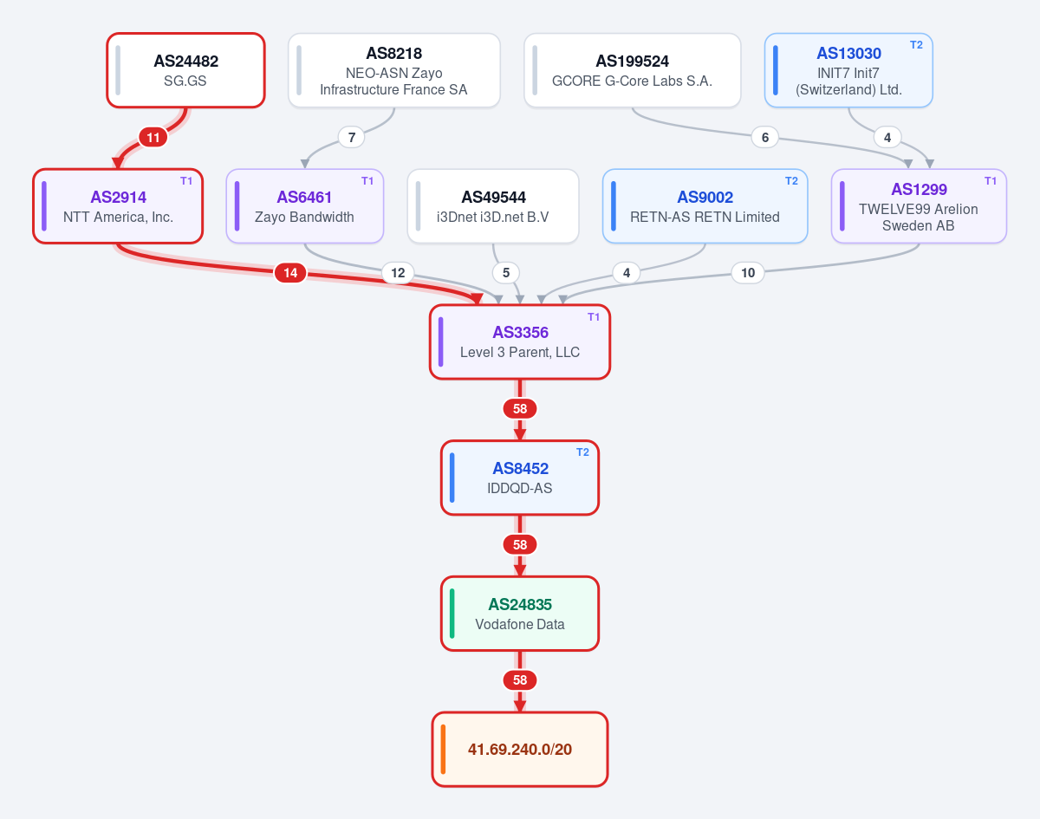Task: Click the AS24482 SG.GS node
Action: click(185, 70)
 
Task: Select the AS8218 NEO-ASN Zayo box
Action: click(393, 70)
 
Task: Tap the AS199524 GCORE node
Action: click(632, 70)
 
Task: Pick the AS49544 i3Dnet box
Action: click(493, 206)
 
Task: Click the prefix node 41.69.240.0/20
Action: click(519, 750)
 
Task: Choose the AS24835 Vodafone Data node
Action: click(519, 614)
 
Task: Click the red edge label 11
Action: click(153, 137)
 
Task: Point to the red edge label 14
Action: click(290, 273)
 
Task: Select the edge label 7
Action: click(351, 137)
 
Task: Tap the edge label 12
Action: click(398, 273)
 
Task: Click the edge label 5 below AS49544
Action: click(506, 273)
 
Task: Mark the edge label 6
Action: click(765, 137)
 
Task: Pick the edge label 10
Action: click(748, 273)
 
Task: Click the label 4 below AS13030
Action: click(887, 137)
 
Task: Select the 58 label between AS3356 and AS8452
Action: click(519, 408)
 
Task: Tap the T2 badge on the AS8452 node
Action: click(582, 452)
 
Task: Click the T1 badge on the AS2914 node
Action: click(186, 181)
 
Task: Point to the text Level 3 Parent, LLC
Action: click(519, 352)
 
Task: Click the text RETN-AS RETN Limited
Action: click(705, 217)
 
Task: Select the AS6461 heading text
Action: click(304, 198)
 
